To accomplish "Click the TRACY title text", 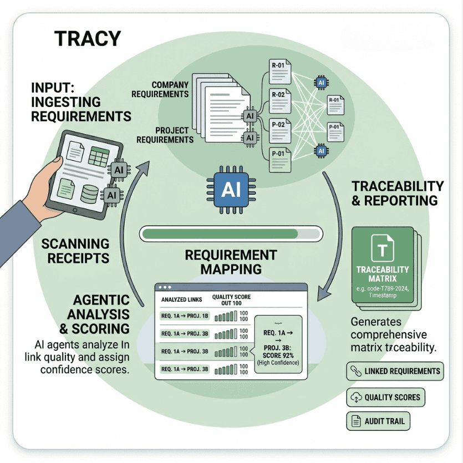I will (87, 39).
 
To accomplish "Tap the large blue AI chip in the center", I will (230, 190).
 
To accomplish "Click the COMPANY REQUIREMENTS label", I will (161, 89).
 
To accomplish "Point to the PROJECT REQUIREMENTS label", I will (165, 135).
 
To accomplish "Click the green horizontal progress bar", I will (231, 233).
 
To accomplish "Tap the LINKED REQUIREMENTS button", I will (395, 372).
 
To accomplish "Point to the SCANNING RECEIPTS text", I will (76, 251).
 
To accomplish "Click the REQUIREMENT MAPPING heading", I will (231, 262).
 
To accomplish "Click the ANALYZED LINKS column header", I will (180, 299).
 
